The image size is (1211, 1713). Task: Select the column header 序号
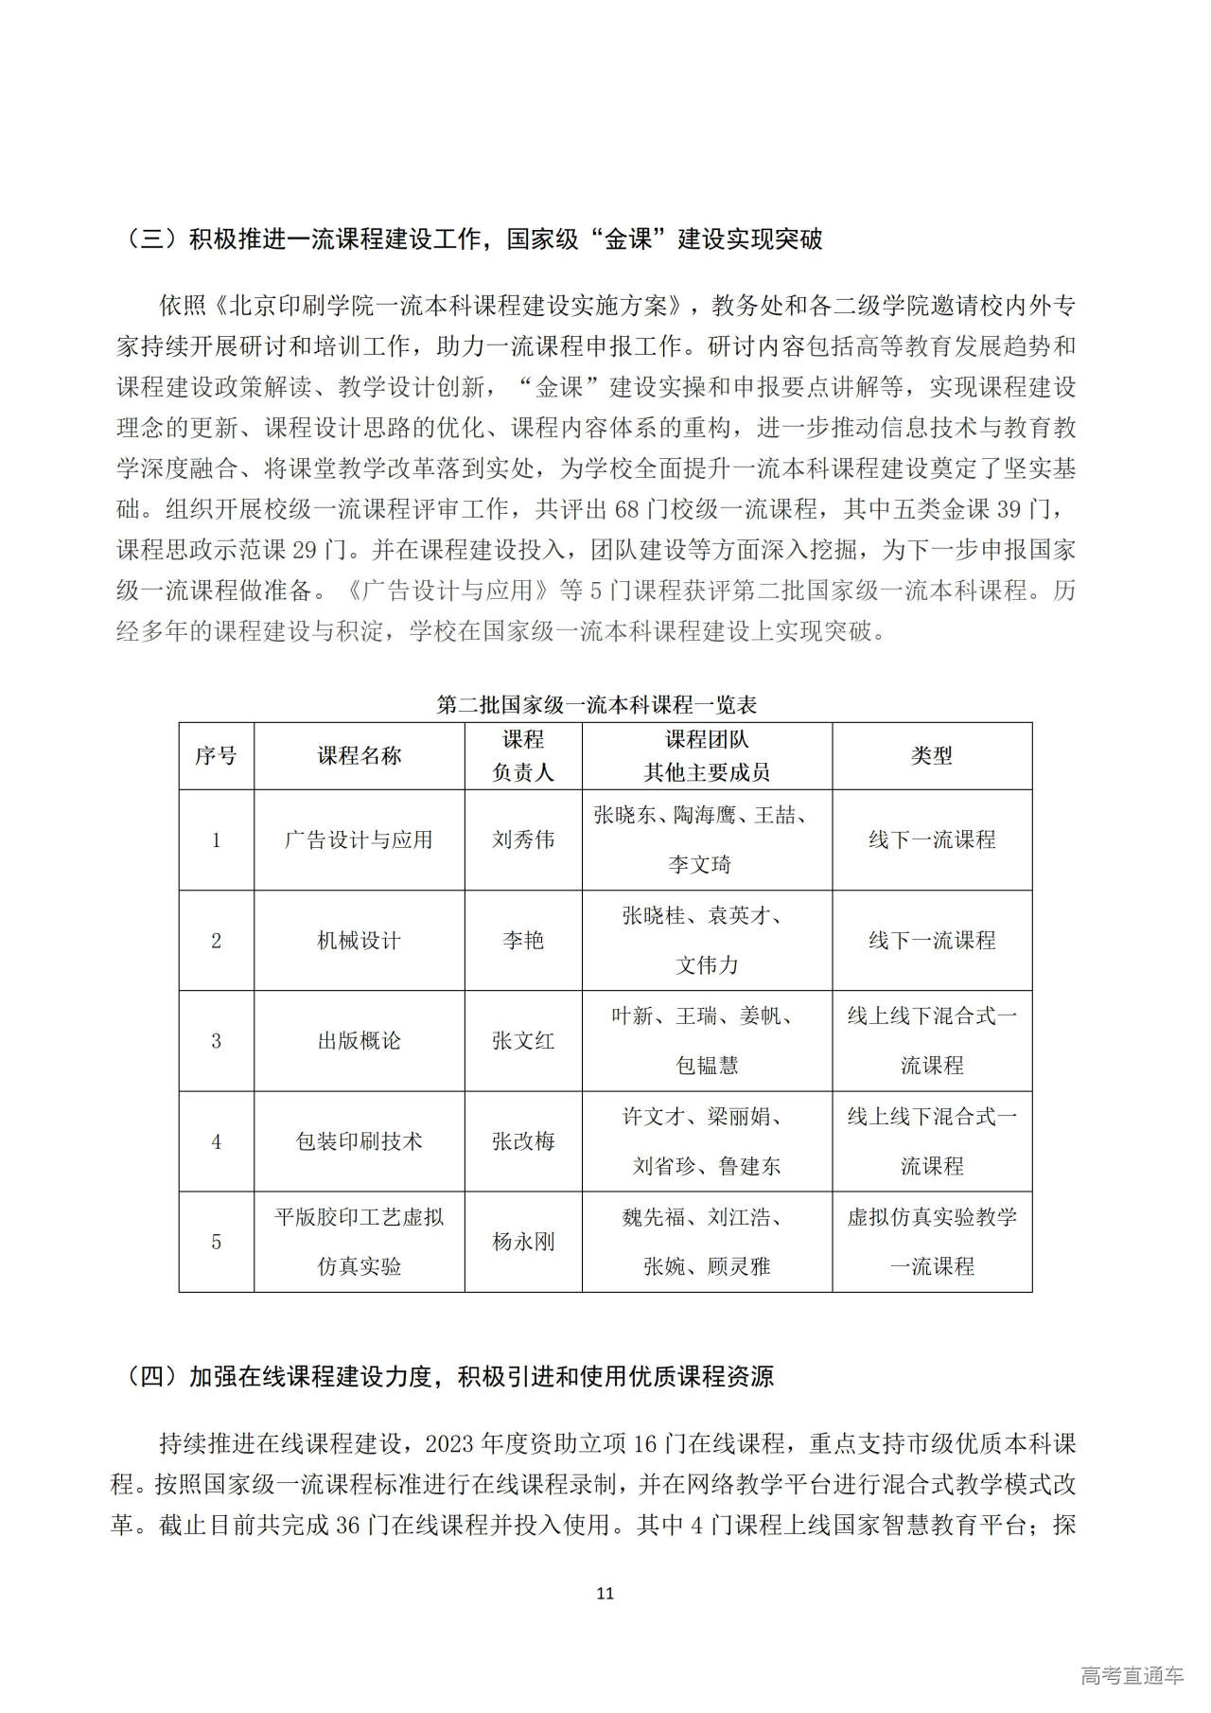pyautogui.click(x=216, y=756)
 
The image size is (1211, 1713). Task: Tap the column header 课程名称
pyautogui.click(x=359, y=756)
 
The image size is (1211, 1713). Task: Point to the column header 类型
pyautogui.click(x=931, y=756)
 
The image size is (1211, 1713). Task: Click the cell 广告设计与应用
pyautogui.click(x=359, y=840)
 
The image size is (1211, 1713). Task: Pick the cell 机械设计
pyautogui.click(x=359, y=941)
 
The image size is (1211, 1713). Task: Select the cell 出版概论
pyautogui.click(x=359, y=1041)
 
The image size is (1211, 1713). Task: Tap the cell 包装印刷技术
pyautogui.click(x=359, y=1141)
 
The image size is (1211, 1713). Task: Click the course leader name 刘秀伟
pyautogui.click(x=523, y=840)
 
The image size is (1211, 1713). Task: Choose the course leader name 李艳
pyautogui.click(x=523, y=941)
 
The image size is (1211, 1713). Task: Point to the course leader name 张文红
pyautogui.click(x=523, y=1041)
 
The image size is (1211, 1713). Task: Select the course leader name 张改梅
pyautogui.click(x=523, y=1141)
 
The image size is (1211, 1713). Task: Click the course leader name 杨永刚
pyautogui.click(x=523, y=1242)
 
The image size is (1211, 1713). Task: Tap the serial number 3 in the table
pyautogui.click(x=216, y=1041)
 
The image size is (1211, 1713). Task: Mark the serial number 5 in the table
pyautogui.click(x=216, y=1242)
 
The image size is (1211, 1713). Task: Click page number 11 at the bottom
pyautogui.click(x=605, y=1594)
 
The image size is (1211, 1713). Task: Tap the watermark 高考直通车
pyautogui.click(x=1132, y=1676)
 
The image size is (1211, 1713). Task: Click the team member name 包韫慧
pyautogui.click(x=707, y=1066)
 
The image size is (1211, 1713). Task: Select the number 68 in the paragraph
pyautogui.click(x=627, y=510)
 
